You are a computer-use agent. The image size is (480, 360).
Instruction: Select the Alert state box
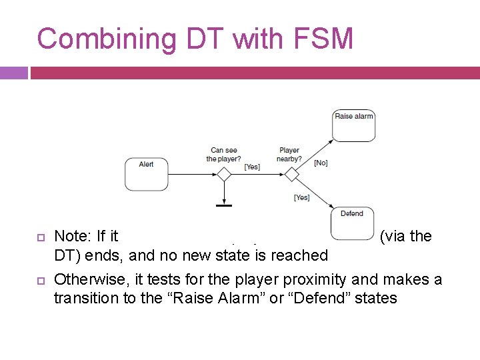tap(147, 174)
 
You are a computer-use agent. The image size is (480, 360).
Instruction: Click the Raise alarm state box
tap(353, 125)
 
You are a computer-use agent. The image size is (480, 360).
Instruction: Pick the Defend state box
tap(352, 223)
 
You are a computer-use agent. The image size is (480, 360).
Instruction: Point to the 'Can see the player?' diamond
tap(224, 175)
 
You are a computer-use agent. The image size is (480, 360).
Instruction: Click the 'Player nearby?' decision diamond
tap(291, 175)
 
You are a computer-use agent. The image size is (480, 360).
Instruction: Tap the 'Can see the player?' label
tap(223, 155)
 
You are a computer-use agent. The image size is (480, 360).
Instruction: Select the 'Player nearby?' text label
tap(289, 155)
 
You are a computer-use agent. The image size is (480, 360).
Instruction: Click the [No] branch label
tap(321, 163)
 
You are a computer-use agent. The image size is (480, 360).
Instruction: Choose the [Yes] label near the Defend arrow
tap(301, 197)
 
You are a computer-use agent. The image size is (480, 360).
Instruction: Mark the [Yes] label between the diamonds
tap(252, 167)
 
